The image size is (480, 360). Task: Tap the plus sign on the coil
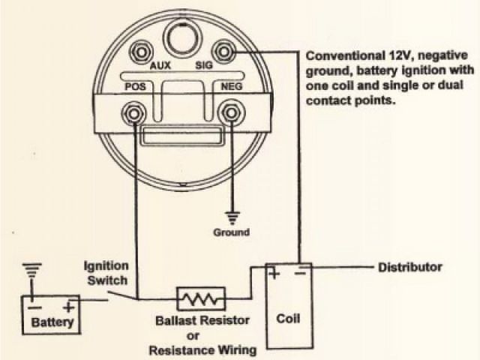click(x=275, y=274)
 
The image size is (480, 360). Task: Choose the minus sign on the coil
click(x=300, y=274)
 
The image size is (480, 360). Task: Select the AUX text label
click(x=160, y=66)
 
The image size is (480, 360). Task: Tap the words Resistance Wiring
click(x=203, y=349)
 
